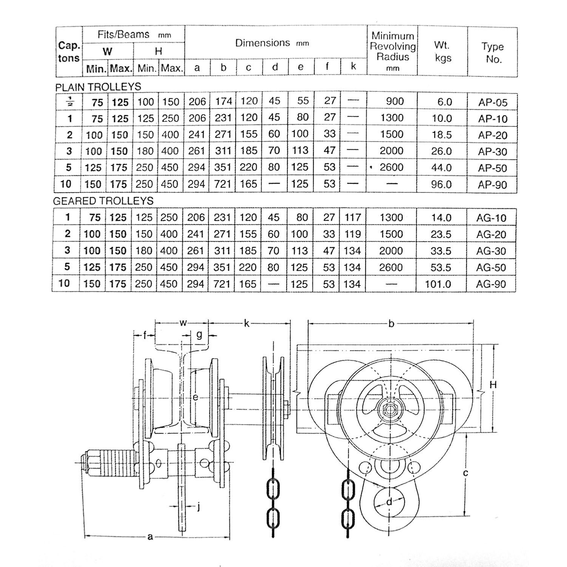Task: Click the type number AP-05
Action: [x=493, y=102]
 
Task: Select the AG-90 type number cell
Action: [x=491, y=284]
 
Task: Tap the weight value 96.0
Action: [x=442, y=184]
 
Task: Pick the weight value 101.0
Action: [x=438, y=284]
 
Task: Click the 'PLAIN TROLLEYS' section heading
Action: [x=98, y=87]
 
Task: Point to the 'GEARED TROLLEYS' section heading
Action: [x=103, y=201]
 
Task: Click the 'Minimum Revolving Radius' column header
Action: [x=392, y=51]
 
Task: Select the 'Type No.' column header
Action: [x=493, y=53]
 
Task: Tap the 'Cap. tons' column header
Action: [x=69, y=52]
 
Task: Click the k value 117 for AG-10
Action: [x=353, y=217]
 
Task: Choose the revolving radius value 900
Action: [x=395, y=101]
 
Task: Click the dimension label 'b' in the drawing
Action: [x=391, y=324]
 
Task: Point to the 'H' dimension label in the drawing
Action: [x=493, y=385]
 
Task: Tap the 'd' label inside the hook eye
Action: [x=389, y=502]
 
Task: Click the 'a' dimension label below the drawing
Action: [x=150, y=536]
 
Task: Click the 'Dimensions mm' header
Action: [x=272, y=43]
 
